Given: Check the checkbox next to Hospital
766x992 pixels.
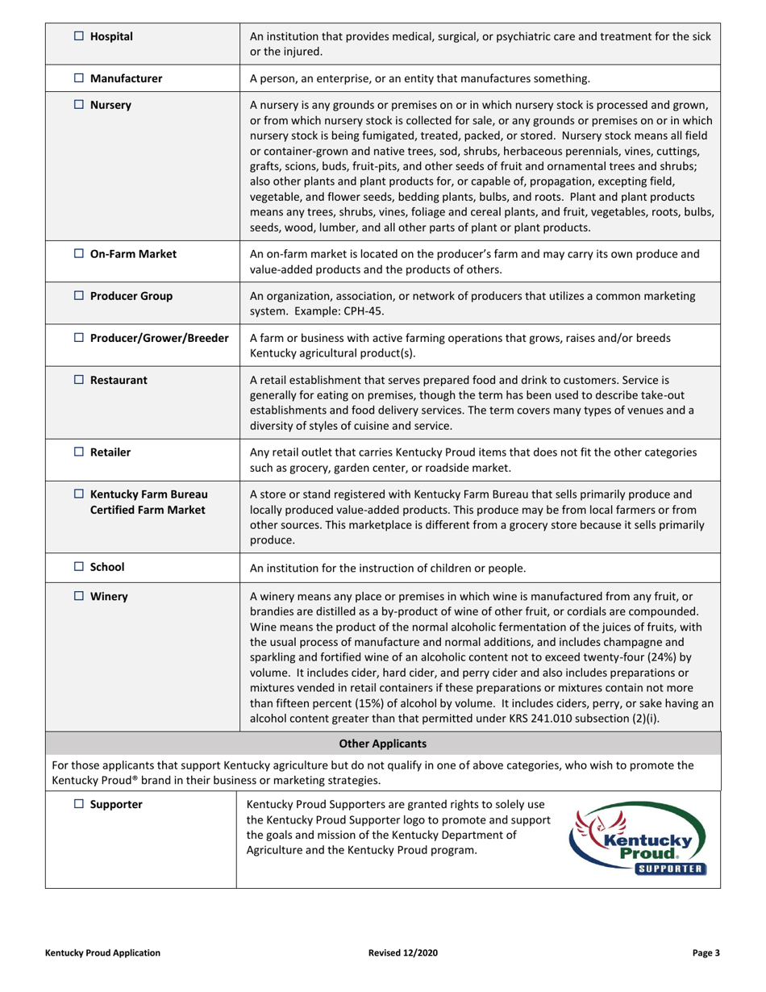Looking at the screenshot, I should (x=79, y=36).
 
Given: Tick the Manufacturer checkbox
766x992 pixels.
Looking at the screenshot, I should (x=79, y=78).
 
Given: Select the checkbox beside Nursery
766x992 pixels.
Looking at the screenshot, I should (x=79, y=105).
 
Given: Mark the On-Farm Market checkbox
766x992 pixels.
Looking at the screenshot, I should (x=79, y=253).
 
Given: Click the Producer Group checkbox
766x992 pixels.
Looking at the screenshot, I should (x=79, y=296).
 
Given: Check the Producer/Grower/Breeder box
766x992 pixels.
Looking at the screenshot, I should (x=79, y=338).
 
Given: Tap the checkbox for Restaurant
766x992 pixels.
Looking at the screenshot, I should (x=79, y=380).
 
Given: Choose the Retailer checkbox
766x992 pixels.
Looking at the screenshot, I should (x=79, y=452).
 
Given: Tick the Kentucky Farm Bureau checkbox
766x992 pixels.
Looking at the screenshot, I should (x=79, y=494).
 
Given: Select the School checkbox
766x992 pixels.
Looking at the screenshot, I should (x=79, y=567).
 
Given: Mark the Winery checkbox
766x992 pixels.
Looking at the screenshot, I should (x=79, y=597).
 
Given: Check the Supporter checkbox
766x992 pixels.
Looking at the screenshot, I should (x=79, y=804).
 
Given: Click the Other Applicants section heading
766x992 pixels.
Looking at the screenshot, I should (x=382, y=744).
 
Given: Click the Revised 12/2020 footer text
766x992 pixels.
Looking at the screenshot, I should (x=402, y=952).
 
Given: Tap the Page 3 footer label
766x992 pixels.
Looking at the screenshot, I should (x=706, y=952).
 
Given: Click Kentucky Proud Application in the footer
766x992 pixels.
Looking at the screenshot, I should (x=102, y=952).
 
